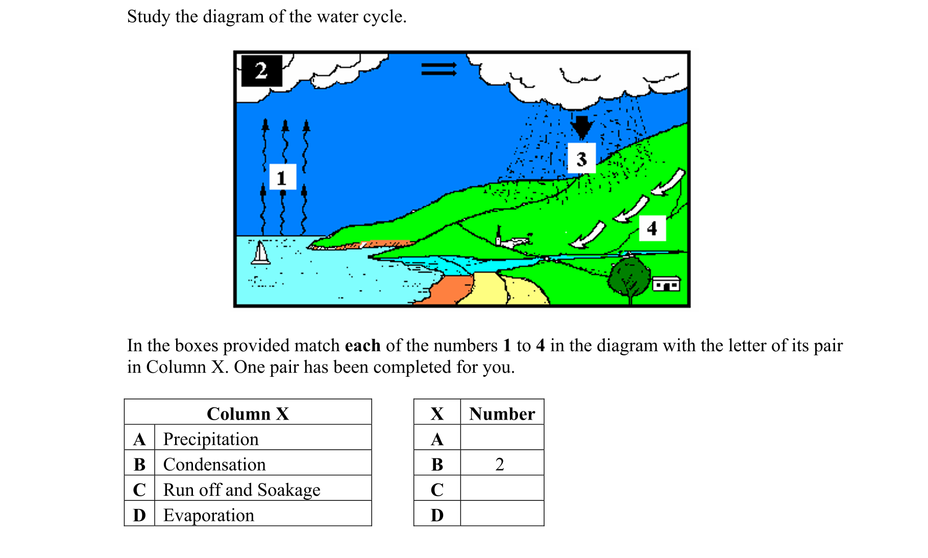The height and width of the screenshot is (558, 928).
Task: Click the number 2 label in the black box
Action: [x=261, y=70]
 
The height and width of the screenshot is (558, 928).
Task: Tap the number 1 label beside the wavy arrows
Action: [x=282, y=177]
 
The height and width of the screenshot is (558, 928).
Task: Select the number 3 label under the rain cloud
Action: [x=581, y=159]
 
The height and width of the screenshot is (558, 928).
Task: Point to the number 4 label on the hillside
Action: [x=652, y=228]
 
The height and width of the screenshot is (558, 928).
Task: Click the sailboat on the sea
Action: [x=261, y=253]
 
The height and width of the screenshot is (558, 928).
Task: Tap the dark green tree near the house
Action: [x=629, y=279]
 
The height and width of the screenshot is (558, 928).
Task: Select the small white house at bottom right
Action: [x=666, y=284]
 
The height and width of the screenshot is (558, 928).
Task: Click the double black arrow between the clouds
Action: [x=438, y=69]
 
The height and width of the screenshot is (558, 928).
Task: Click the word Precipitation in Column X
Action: [x=211, y=439]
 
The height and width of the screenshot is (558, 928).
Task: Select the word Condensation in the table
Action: [x=214, y=465]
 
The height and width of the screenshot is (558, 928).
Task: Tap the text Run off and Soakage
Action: [x=241, y=490]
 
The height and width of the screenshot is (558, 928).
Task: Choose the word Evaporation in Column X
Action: [x=208, y=515]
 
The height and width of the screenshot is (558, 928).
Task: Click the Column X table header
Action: [x=248, y=414]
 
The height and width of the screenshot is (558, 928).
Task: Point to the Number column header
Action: [x=502, y=414]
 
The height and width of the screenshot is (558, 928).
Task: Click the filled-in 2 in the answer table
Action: [x=500, y=465]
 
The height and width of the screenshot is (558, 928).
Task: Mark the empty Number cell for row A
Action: [x=502, y=439]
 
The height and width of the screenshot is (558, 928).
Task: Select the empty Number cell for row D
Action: [x=502, y=515]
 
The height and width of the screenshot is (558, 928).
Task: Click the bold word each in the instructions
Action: [x=362, y=346]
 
